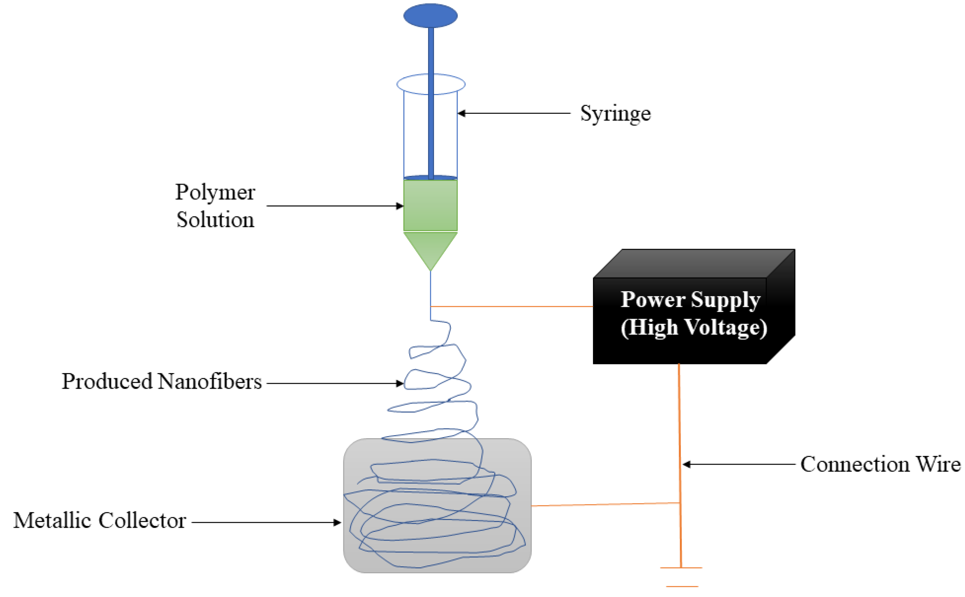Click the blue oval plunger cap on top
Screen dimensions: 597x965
pyautogui.click(x=430, y=16)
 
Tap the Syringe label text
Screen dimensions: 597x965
pyautogui.click(x=615, y=114)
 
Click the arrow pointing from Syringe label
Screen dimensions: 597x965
pyautogui.click(x=514, y=113)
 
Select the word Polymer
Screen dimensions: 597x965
pyautogui.click(x=215, y=193)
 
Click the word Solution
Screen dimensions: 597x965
pyautogui.click(x=215, y=220)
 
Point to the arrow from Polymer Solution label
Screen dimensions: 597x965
pyautogui.click(x=334, y=206)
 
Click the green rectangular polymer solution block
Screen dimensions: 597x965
pyautogui.click(x=430, y=205)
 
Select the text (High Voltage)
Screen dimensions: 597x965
pyautogui.click(x=693, y=327)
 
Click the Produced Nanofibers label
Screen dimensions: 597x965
pyautogui.click(x=161, y=382)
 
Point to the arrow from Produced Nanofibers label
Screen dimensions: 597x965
pyautogui.click(x=334, y=383)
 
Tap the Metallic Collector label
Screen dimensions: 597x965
pyautogui.click(x=100, y=521)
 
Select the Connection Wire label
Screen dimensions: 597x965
pyautogui.click(x=880, y=464)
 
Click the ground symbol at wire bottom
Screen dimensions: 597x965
pyautogui.click(x=681, y=576)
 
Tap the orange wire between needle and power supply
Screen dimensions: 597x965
pyautogui.click(x=511, y=307)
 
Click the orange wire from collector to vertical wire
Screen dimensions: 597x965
pyautogui.click(x=605, y=504)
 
